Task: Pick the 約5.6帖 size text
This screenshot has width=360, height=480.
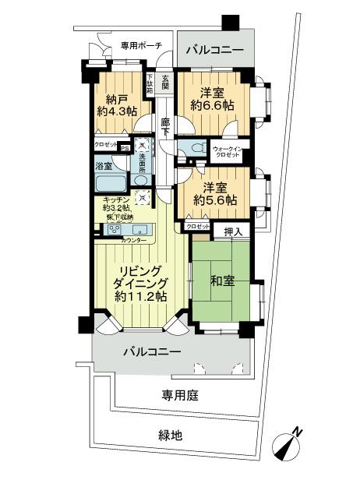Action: [x=215, y=201]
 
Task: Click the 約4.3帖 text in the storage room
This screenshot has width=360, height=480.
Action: [x=116, y=111]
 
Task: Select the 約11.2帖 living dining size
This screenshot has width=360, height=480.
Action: [x=140, y=297]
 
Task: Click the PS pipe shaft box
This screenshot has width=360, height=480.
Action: [x=124, y=146]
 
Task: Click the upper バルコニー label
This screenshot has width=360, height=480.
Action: [x=214, y=51]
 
